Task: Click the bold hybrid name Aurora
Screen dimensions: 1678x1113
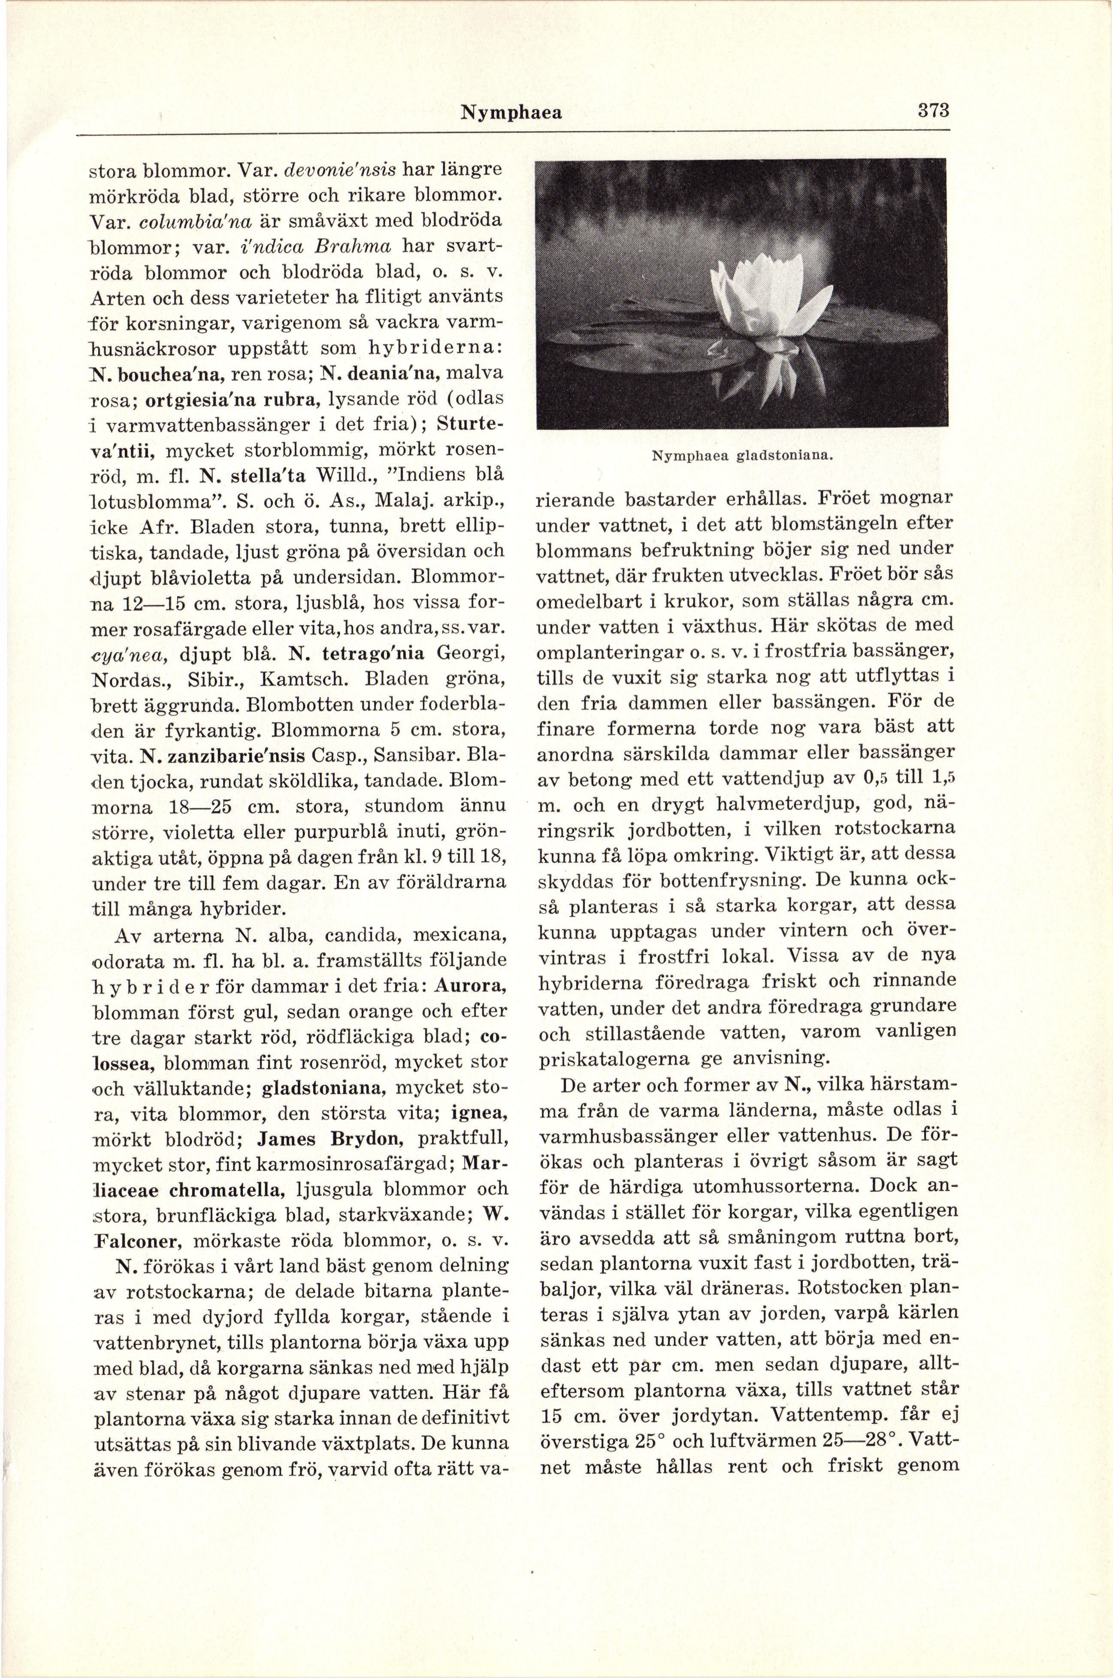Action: pyautogui.click(x=471, y=986)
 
